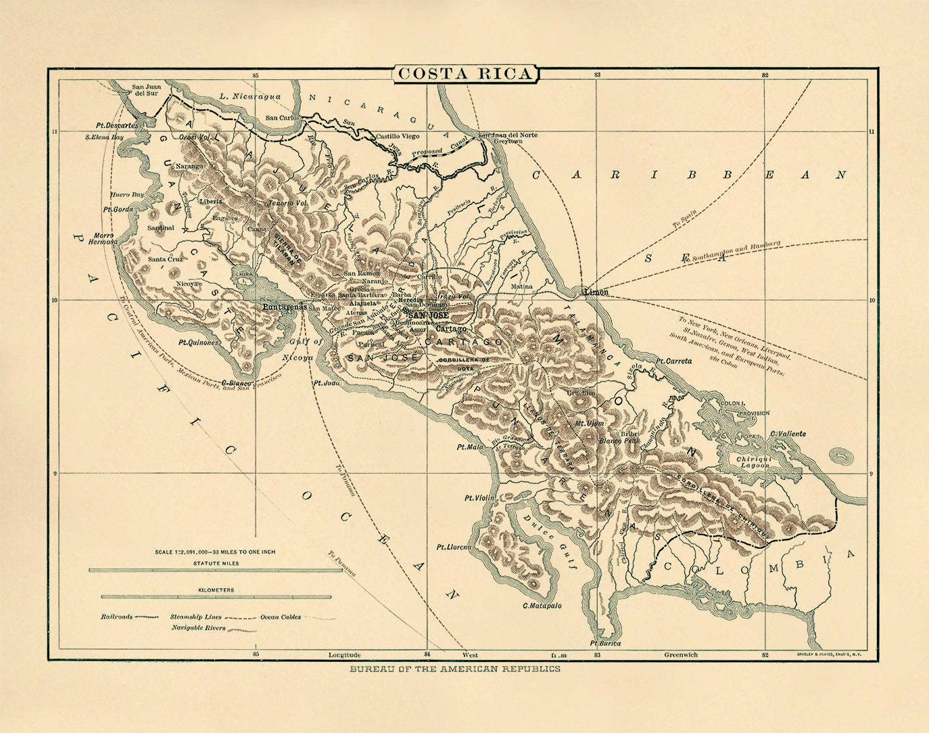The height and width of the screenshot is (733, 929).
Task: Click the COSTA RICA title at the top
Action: (x=464, y=74)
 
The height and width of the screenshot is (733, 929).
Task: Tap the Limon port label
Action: (x=596, y=292)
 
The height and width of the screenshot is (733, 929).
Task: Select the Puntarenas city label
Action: (x=285, y=306)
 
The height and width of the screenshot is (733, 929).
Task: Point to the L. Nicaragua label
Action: (x=250, y=97)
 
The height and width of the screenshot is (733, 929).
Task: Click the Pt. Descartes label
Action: (x=117, y=125)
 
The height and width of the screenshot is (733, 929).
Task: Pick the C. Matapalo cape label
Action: (x=542, y=605)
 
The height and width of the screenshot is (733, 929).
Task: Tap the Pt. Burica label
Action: (x=604, y=643)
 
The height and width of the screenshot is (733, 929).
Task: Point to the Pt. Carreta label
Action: (x=673, y=361)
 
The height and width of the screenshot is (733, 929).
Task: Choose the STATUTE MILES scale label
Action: (x=214, y=562)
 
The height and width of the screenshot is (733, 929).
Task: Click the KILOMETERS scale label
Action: (x=216, y=590)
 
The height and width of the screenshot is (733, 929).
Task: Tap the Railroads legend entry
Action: (x=117, y=617)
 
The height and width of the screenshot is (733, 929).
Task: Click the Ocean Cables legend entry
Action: (x=281, y=617)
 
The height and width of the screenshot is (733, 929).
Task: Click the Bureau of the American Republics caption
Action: (x=454, y=669)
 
